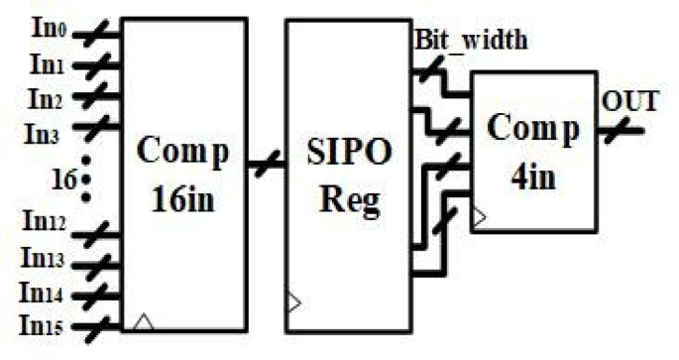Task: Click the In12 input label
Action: pyautogui.click(x=41, y=232)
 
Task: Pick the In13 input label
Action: pyautogui.click(x=41, y=261)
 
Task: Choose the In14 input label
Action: pyautogui.click(x=41, y=294)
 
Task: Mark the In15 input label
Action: pyautogui.click(x=41, y=324)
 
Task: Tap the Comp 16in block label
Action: pyautogui.click(x=182, y=174)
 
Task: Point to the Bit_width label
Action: pyautogui.click(x=470, y=41)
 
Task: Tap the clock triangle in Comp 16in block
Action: pyautogui.click(x=144, y=320)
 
